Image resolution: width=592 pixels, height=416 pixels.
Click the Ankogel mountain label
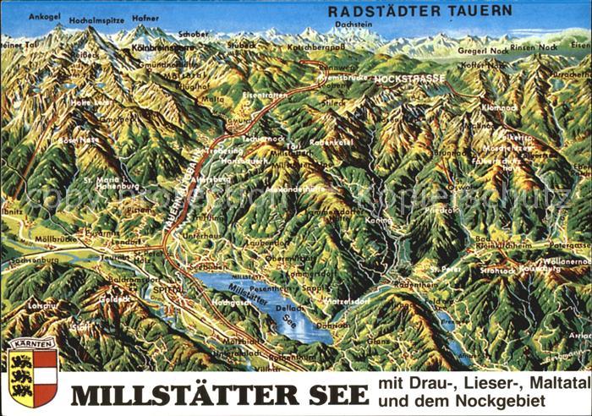(44, 16)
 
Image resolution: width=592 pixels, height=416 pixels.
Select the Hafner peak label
(145, 17)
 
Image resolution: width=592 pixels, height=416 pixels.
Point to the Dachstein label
(352, 25)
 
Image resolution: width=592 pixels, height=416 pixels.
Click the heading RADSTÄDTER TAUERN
(419, 11)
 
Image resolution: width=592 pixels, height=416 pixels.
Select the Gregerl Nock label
(483, 51)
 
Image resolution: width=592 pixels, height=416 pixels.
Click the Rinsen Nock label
(534, 48)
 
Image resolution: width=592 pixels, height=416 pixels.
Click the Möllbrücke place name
(56, 239)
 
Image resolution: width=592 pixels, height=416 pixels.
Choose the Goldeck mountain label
(115, 298)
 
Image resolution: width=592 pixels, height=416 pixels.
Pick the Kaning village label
(378, 221)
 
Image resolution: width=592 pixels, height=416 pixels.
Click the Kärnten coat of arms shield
(32, 377)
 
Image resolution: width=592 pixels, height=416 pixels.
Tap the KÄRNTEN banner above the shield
(32, 344)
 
